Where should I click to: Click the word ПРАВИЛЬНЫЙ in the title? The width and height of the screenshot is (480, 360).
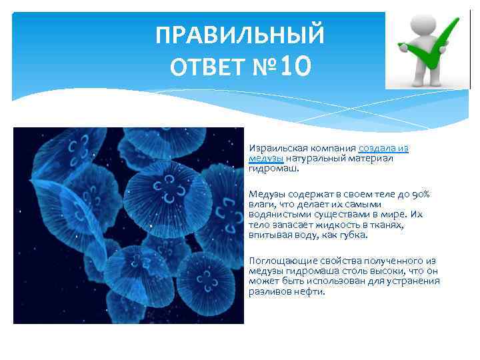point(240,35)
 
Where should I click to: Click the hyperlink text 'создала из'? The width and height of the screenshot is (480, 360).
point(383,148)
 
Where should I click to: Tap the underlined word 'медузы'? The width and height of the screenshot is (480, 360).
point(266,159)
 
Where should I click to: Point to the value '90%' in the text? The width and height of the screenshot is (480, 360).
point(419,194)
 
